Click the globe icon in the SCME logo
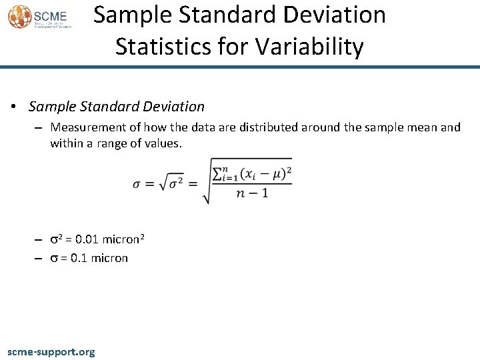tap(19, 17)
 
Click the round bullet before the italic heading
tap(13, 107)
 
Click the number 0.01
tap(87, 239)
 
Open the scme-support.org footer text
tap(51, 351)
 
